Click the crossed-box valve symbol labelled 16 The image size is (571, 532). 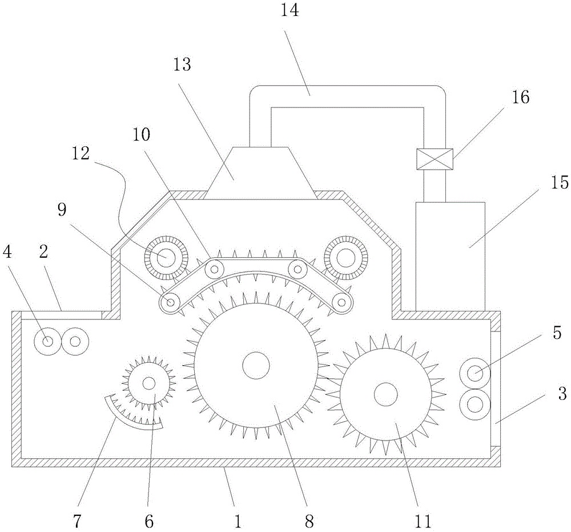[x=435, y=159]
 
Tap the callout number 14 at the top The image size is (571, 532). [x=289, y=10]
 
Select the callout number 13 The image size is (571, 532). [x=182, y=65]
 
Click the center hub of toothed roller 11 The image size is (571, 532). [x=385, y=394]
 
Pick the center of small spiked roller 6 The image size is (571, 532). [x=148, y=383]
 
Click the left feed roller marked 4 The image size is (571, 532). [x=47, y=341]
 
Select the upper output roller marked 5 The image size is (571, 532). [x=475, y=374]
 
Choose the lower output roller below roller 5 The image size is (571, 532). [x=475, y=404]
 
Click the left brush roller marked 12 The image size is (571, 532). [x=166, y=258]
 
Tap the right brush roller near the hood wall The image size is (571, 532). [x=345, y=258]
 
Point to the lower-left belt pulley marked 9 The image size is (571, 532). [x=170, y=302]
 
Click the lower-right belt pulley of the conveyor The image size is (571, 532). [x=341, y=302]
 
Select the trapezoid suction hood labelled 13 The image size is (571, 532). [x=260, y=173]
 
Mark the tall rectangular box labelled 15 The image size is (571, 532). [x=450, y=257]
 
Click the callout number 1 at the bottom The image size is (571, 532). [x=238, y=522]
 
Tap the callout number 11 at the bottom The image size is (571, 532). [x=423, y=522]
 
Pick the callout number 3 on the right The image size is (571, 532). [x=562, y=394]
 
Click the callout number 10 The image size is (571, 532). [x=141, y=135]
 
